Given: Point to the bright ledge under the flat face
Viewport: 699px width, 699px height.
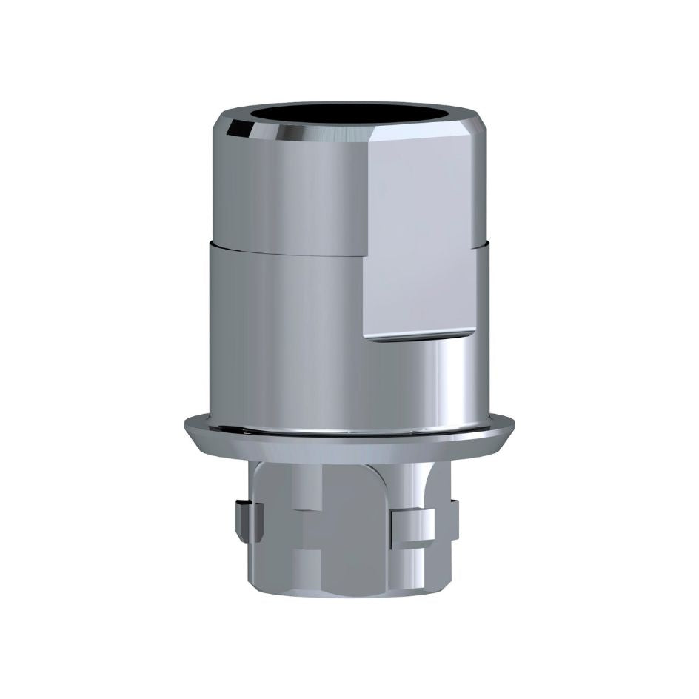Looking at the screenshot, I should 418,338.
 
